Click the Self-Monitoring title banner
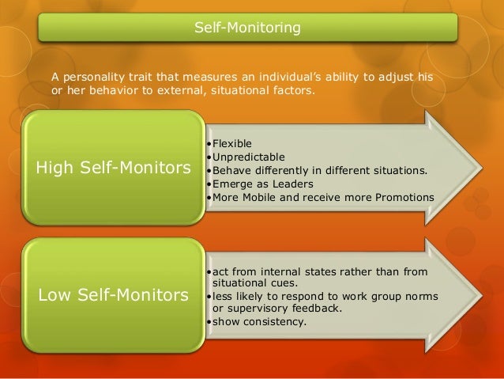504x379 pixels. tap(248, 29)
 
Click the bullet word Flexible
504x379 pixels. tap(229, 143)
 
